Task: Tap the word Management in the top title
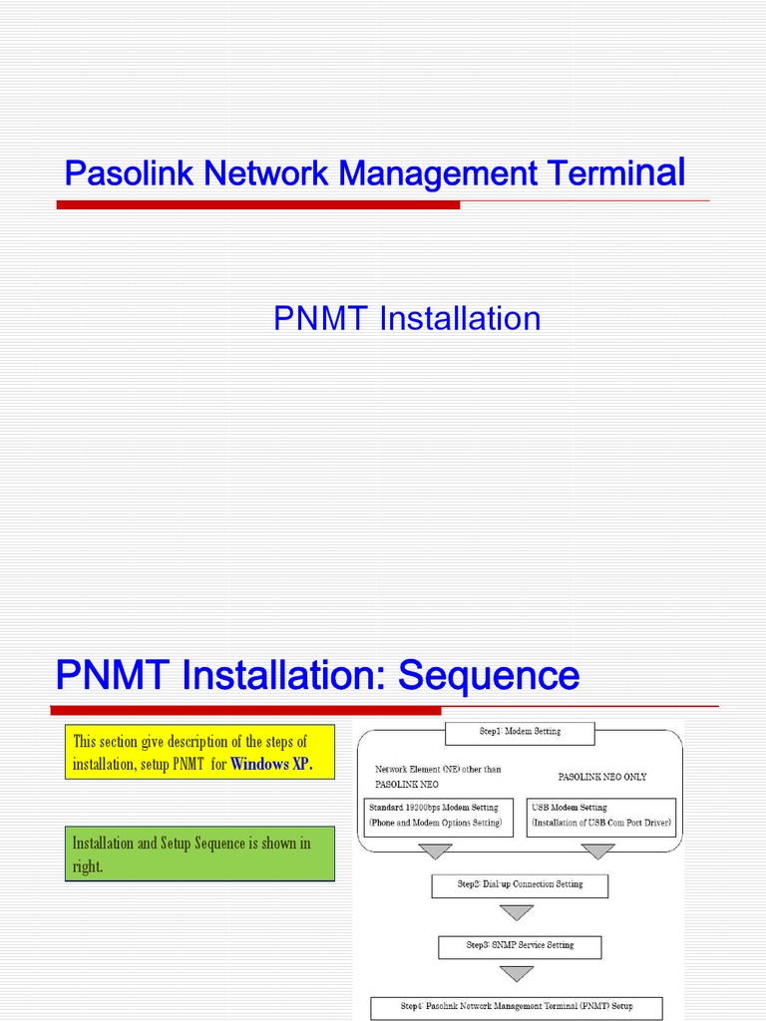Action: [x=438, y=174]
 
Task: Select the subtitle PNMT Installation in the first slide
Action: [x=407, y=319]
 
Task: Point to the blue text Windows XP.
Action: [x=271, y=766]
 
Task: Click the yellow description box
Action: [x=199, y=754]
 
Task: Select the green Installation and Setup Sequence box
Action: [x=199, y=854]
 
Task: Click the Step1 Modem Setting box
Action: [x=520, y=733]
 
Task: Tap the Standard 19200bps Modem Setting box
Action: [x=435, y=816]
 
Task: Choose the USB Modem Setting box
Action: [x=602, y=816]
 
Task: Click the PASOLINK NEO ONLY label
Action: [x=601, y=777]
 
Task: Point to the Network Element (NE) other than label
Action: [x=438, y=770]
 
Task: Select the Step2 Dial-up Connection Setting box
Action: [x=520, y=885]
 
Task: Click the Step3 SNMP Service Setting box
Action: [x=520, y=945]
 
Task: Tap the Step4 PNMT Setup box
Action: [x=516, y=1007]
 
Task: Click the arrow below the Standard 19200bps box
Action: [x=435, y=851]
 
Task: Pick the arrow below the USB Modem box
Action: [x=597, y=851]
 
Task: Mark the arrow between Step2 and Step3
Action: [x=516, y=912]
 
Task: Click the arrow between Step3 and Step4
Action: [x=516, y=974]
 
